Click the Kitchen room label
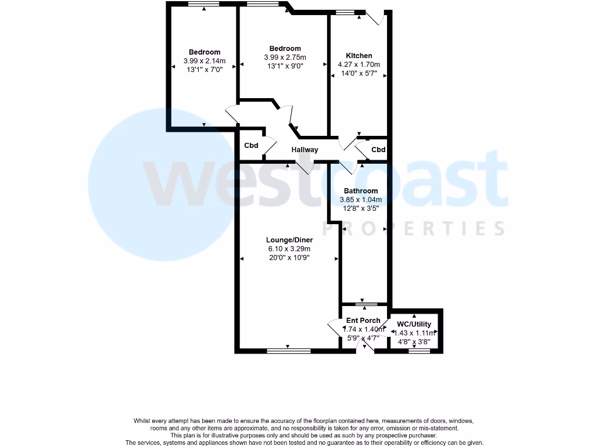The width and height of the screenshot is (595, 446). click(359, 56)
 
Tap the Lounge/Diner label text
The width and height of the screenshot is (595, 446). click(289, 240)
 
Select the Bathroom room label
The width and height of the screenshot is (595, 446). click(360, 190)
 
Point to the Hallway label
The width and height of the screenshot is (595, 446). click(305, 150)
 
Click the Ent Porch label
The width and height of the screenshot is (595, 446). click(363, 321)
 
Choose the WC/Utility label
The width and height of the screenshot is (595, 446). click(415, 324)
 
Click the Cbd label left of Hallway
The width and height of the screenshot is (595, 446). click(251, 145)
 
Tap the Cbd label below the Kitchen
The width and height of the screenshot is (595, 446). click(378, 150)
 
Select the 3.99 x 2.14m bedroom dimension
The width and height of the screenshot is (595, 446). click(204, 60)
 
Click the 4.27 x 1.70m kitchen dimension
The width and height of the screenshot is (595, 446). click(359, 64)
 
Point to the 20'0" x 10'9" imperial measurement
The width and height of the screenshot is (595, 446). click(289, 257)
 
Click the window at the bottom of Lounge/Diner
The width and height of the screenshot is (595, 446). click(288, 350)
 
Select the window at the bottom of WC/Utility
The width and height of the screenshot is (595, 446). click(416, 350)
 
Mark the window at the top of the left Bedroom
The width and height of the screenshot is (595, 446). click(203, 4)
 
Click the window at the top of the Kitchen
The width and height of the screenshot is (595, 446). click(347, 12)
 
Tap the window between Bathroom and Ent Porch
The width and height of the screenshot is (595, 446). click(365, 304)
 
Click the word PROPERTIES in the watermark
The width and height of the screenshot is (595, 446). click(413, 229)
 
